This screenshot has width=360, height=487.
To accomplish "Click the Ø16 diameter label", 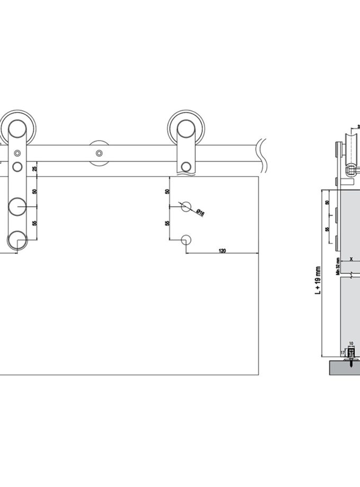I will (x=200, y=212).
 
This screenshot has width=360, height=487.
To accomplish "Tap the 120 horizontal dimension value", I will (x=222, y=250).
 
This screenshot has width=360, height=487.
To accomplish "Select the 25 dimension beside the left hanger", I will (x=35, y=169).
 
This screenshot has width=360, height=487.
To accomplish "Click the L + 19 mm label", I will (x=318, y=280).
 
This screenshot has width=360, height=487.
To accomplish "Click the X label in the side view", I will (x=350, y=259).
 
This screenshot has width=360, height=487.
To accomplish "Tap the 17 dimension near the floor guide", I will (x=343, y=352).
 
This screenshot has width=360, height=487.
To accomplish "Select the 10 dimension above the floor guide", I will (x=351, y=343).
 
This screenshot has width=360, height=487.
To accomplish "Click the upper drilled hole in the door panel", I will (x=185, y=206).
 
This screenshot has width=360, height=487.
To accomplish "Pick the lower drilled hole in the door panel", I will (x=185, y=240).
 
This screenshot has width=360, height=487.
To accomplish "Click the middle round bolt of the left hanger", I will (x=17, y=206).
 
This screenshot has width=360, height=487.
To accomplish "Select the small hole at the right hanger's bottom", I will (x=185, y=167).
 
